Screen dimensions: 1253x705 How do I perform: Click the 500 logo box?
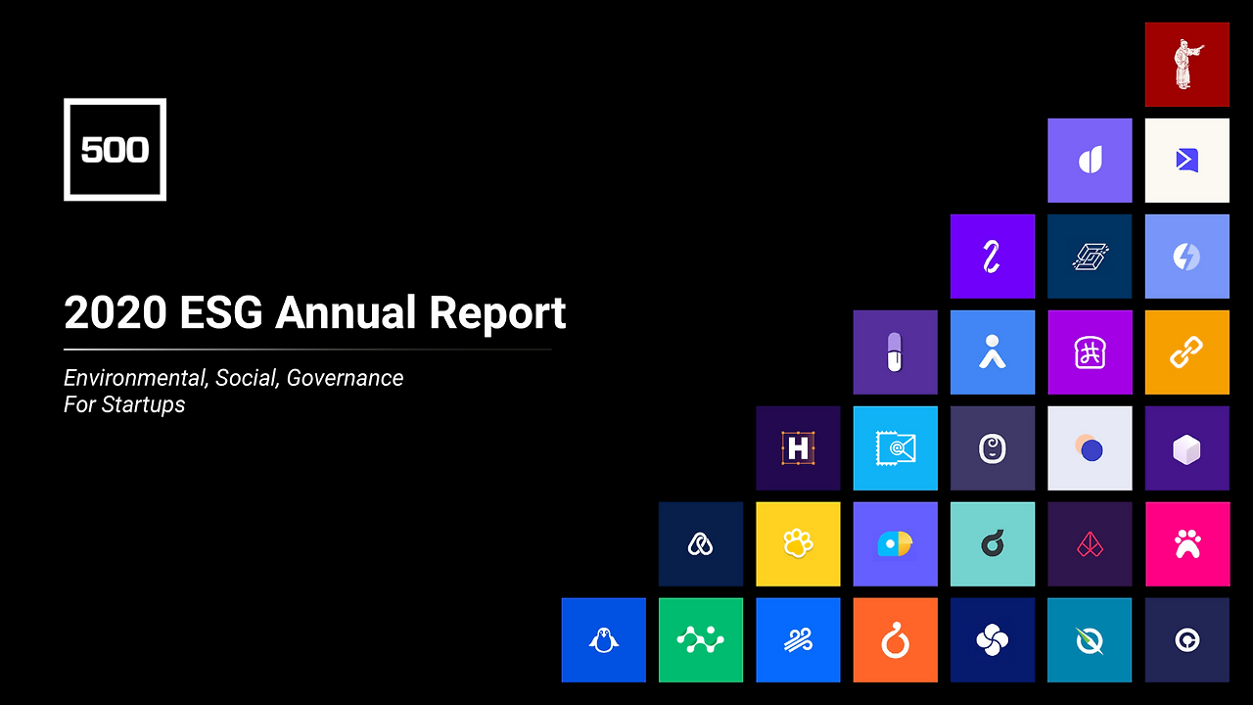pos(115,150)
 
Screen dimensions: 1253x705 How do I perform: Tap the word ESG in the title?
pos(221,312)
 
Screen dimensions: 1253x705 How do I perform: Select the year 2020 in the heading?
pos(116,312)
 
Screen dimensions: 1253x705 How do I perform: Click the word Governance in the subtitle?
pos(345,378)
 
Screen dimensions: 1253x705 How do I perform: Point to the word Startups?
pos(143,405)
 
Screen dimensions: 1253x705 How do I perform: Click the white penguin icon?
pos(604,640)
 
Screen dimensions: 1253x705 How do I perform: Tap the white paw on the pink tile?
pos(1187,544)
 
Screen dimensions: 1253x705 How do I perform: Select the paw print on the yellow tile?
pos(798,543)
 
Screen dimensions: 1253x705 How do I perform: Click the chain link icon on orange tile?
pos(1186,352)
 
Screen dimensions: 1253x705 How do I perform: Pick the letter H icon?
pos(798,448)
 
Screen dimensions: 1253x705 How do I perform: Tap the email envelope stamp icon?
pos(895,448)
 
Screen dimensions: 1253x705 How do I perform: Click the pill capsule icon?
pos(895,352)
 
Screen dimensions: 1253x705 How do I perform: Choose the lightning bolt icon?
pos(1186,257)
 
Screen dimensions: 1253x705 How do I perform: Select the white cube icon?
pos(1186,449)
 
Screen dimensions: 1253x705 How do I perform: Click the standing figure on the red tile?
pos(1187,65)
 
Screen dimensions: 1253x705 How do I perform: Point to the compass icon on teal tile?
pos(1090,640)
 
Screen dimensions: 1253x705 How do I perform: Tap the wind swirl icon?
pos(798,640)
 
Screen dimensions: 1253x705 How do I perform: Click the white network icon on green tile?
pos(700,640)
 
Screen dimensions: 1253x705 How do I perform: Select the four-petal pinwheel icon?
pos(993,640)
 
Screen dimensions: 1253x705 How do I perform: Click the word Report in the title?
pos(497,314)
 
